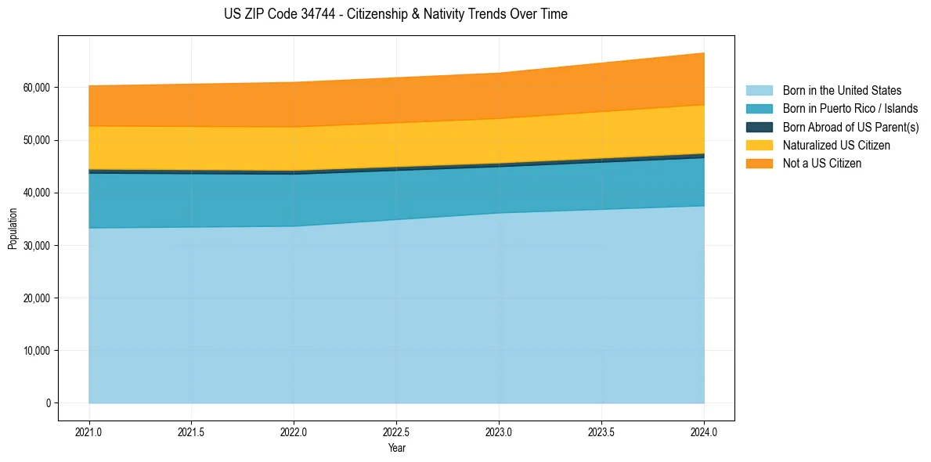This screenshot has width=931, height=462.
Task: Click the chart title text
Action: (395, 14)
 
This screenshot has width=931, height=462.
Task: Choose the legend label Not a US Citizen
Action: (822, 163)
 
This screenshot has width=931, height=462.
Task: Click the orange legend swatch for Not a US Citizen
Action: (759, 163)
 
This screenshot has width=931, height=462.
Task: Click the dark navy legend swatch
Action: (759, 127)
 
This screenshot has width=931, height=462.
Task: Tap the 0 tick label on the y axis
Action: (48, 403)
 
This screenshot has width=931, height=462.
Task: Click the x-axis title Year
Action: (396, 448)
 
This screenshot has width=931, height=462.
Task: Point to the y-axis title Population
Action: (13, 229)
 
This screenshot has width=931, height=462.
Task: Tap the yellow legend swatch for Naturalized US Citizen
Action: (759, 145)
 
